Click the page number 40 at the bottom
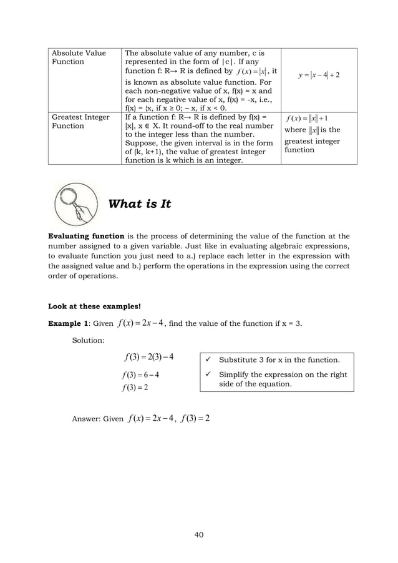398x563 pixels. (x=199, y=534)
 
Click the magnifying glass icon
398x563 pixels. (x=75, y=204)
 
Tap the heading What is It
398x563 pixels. (x=140, y=205)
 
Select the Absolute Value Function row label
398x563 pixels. (x=79, y=57)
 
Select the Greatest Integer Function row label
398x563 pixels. (x=80, y=121)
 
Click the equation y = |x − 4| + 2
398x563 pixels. (x=319, y=76)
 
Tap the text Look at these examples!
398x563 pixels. (x=95, y=306)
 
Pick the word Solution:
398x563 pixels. (x=89, y=340)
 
